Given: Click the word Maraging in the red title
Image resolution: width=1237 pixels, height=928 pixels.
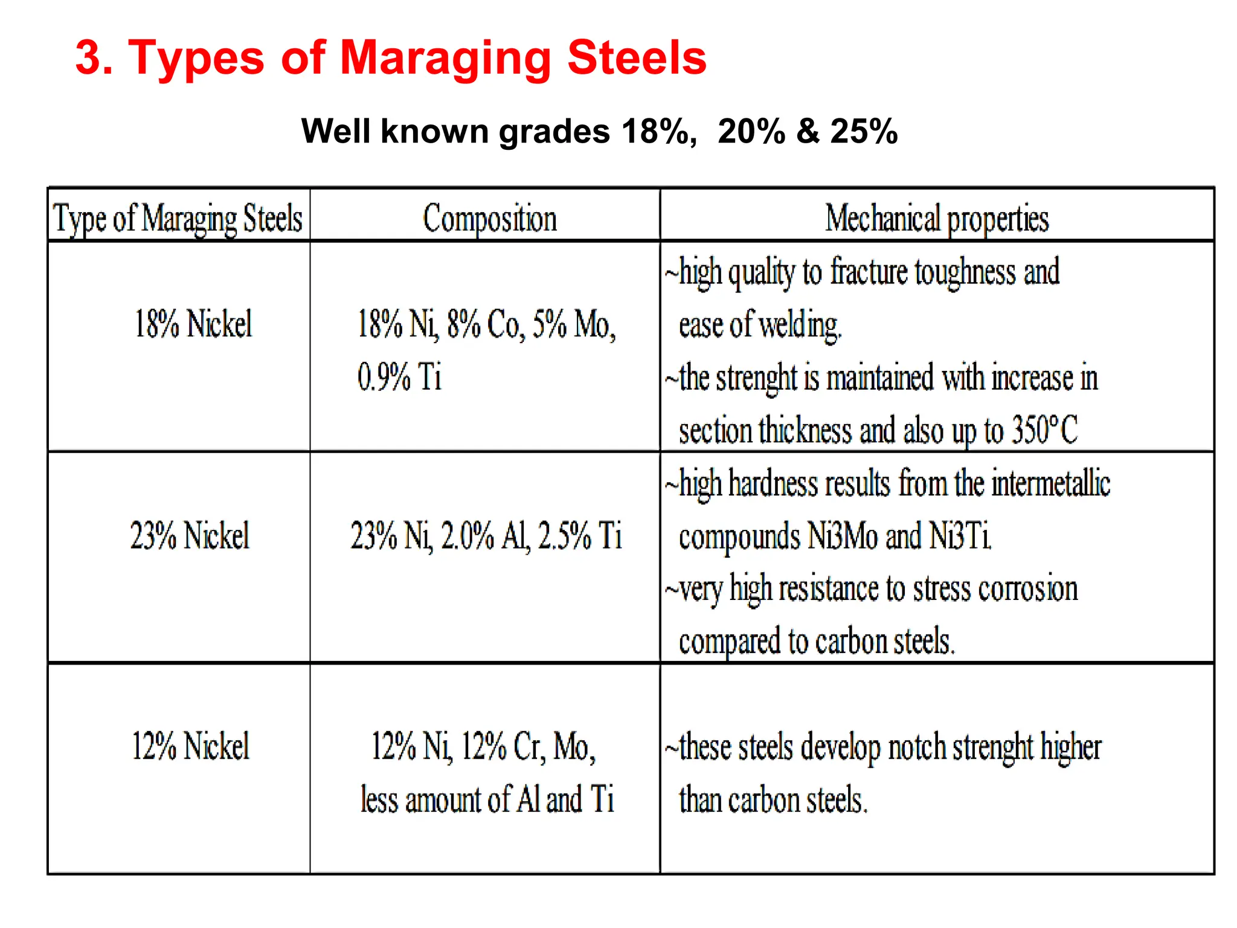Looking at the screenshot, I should [445, 59].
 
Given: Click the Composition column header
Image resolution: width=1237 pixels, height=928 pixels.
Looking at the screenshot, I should [489, 219].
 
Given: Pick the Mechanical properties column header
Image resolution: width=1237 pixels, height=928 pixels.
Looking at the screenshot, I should [937, 219].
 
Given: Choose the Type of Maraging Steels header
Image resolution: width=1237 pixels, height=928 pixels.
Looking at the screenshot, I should [178, 219].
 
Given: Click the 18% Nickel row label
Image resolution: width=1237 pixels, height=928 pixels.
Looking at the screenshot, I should [193, 324].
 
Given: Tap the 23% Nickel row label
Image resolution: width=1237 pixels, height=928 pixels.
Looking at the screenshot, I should [190, 536].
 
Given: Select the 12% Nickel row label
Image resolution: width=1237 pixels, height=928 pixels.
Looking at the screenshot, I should [190, 746].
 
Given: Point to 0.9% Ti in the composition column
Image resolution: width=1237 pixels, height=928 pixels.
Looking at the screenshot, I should [399, 377].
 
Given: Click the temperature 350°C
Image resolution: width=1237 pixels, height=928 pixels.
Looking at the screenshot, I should [1044, 430].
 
